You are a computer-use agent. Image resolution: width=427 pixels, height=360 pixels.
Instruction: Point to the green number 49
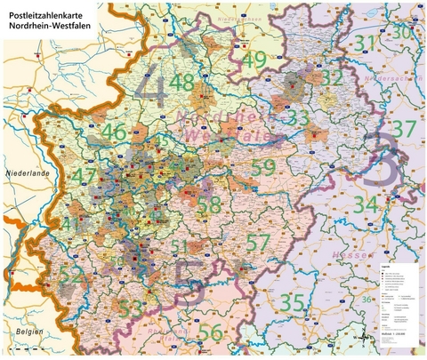253,60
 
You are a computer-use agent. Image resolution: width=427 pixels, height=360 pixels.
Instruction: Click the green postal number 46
113,133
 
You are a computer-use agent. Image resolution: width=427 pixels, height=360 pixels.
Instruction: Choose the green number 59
262,166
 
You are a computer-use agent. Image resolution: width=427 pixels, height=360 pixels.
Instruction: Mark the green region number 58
210,205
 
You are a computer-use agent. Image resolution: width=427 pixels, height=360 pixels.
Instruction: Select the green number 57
258,241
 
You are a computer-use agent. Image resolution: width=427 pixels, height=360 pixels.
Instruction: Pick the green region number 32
332,78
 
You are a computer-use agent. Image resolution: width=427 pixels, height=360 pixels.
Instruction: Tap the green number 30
403,32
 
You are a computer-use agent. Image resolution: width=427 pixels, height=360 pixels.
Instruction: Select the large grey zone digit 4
157,88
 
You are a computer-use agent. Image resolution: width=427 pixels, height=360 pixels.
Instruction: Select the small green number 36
366,301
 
